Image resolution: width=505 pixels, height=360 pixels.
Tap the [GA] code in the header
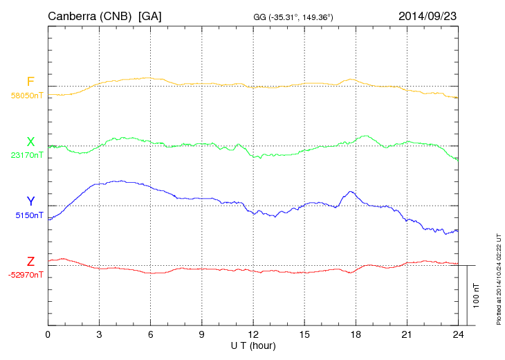[x=150, y=16]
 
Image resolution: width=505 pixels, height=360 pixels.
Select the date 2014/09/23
[x=427, y=15]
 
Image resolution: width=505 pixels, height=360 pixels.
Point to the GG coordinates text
[x=294, y=17]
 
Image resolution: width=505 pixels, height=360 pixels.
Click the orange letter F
[x=30, y=82]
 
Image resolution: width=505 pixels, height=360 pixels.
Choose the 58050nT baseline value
[x=26, y=96]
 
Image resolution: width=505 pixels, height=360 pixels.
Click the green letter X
[x=30, y=142]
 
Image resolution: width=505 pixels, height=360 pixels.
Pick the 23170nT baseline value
[x=26, y=155]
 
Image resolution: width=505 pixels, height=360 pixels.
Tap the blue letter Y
[x=30, y=201]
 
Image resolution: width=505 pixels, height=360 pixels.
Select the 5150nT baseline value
[x=29, y=215]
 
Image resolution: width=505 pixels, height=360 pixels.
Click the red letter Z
[x=30, y=261]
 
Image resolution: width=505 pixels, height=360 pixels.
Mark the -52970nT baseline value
[x=26, y=275]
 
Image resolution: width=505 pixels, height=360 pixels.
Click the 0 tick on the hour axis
[x=48, y=334]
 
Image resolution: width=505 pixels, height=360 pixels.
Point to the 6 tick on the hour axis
[x=150, y=334]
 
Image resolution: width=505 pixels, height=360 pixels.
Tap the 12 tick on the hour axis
[x=253, y=334]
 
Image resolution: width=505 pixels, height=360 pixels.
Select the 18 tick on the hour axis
[x=356, y=334]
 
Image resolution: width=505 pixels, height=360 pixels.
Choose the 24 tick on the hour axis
[x=458, y=334]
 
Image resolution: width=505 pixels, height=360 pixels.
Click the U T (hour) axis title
[x=253, y=345]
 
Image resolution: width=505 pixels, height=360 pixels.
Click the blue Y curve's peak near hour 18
[x=352, y=191]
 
